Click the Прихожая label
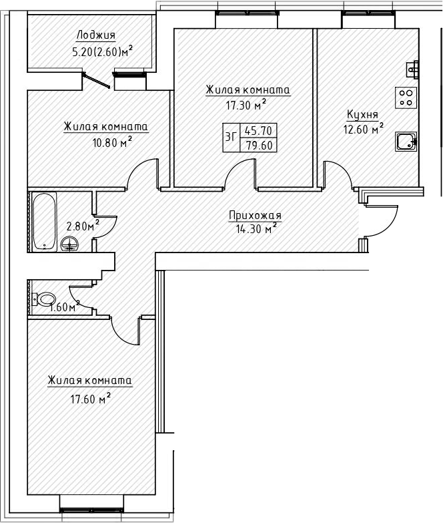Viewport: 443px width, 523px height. click(x=255, y=215)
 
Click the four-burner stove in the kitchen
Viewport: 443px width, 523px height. click(x=406, y=98)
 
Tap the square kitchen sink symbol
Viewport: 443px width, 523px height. click(x=405, y=141)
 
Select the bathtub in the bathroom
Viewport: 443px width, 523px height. click(x=44, y=221)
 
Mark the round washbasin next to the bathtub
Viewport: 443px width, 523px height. click(x=69, y=244)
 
